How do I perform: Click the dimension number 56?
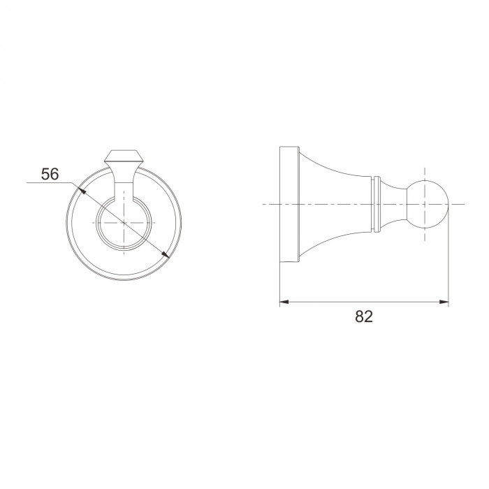(50, 174)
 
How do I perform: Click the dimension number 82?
(364, 316)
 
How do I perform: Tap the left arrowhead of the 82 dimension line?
(284, 302)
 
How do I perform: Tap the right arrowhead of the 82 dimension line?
(444, 302)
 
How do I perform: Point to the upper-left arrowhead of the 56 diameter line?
(82, 191)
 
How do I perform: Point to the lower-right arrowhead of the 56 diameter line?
(166, 254)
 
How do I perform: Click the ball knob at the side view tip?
(428, 204)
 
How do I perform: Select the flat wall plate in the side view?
(289, 204)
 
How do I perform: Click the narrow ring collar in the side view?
(377, 204)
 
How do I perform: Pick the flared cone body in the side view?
(336, 204)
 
